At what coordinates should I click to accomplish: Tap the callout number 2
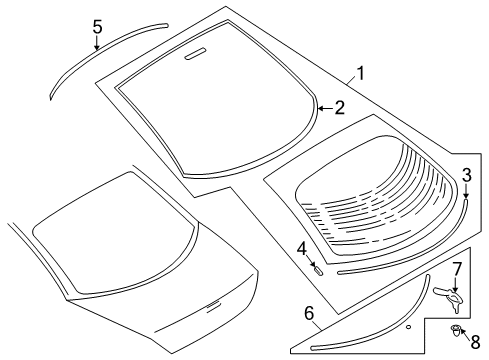coord(339,108)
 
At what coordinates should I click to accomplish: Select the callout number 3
coord(466,175)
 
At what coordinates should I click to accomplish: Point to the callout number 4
coord(301,247)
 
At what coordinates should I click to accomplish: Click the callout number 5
coord(97,27)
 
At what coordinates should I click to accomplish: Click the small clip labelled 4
coord(316,268)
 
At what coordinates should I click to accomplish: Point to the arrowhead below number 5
coord(97,48)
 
